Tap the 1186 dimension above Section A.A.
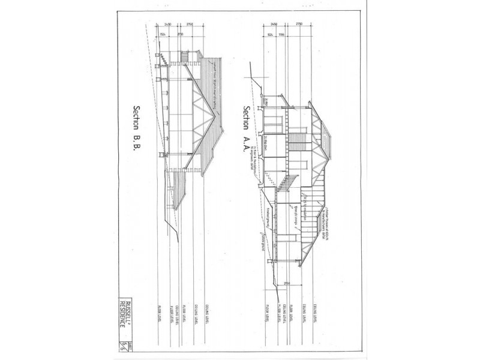pos(281,35)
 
